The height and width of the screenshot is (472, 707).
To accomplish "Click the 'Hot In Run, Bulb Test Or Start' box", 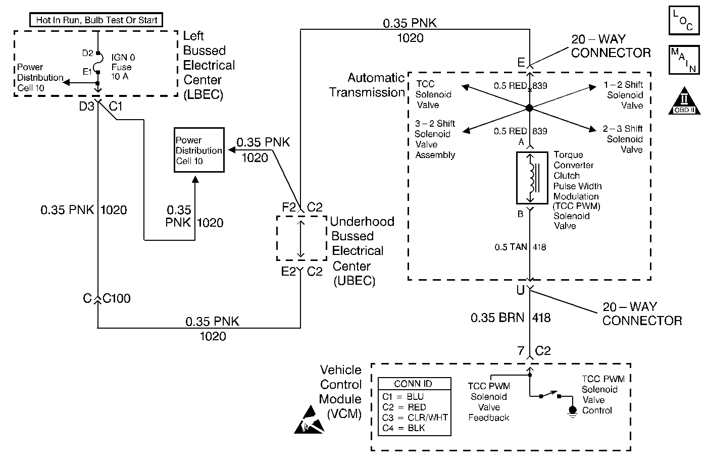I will pos(97,20).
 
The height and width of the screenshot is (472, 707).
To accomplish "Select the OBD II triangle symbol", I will pos(684,102).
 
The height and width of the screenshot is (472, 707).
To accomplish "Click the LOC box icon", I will pos(684,20).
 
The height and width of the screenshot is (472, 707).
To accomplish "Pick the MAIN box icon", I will pos(684,60).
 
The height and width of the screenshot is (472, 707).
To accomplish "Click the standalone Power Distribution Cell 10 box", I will pos(199,150).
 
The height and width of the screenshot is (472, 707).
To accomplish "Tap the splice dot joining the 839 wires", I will pos(529,108).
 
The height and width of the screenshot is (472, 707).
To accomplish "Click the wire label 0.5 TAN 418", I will pos(520,247).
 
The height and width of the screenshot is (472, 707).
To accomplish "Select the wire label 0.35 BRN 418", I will pos(510,318).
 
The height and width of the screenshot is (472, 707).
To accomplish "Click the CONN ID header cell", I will pos(414,384).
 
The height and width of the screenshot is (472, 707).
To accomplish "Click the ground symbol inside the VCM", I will pos(572,411).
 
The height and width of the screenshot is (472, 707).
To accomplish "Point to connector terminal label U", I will pos(520,291).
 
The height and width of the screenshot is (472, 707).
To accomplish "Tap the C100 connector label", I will pos(117,299).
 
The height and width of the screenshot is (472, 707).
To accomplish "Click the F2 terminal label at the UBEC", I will pos(289,207).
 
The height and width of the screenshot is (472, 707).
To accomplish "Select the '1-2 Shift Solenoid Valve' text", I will pos(624,95).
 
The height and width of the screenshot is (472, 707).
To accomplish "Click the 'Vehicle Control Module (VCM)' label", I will pos(341,392).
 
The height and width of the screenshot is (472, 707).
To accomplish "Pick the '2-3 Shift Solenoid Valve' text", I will pos(624,139).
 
